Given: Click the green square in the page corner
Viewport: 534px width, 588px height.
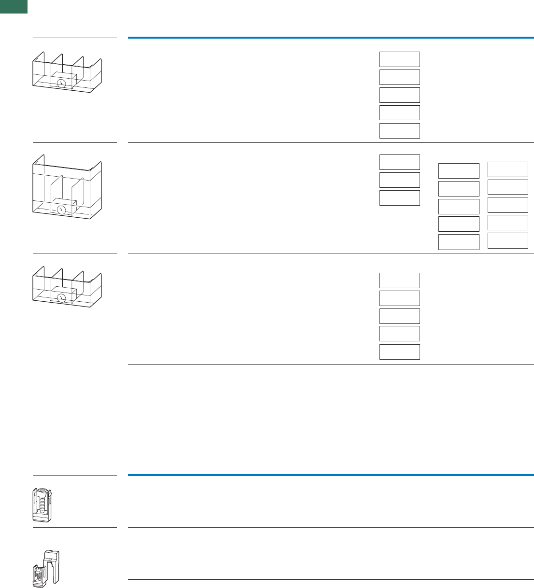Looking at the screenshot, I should pyautogui.click(x=14, y=6).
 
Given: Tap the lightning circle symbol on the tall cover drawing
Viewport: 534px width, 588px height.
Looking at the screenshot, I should pyautogui.click(x=61, y=210).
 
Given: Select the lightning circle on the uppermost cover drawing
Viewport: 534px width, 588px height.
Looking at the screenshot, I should pyautogui.click(x=61, y=84).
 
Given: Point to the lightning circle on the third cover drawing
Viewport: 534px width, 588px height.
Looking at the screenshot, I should pyautogui.click(x=61, y=298).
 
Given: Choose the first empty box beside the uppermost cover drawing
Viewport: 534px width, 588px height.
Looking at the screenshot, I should pyautogui.click(x=399, y=59).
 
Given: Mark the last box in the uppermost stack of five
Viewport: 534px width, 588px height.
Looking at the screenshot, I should pyautogui.click(x=399, y=131).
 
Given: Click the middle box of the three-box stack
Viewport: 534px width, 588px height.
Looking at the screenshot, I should pyautogui.click(x=399, y=180).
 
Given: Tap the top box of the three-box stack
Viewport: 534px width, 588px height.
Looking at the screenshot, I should pyautogui.click(x=399, y=162).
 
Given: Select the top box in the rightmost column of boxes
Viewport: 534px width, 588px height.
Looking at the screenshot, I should pyautogui.click(x=507, y=169).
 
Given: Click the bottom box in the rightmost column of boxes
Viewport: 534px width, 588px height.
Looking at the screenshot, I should pyautogui.click(x=507, y=240).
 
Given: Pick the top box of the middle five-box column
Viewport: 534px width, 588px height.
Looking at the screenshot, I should pyautogui.click(x=458, y=171).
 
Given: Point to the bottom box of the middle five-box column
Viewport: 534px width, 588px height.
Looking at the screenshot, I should pyautogui.click(x=458, y=242).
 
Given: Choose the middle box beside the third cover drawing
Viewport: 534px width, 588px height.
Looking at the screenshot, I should pyautogui.click(x=399, y=316).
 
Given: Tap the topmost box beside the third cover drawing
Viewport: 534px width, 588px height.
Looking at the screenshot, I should pyautogui.click(x=399, y=280).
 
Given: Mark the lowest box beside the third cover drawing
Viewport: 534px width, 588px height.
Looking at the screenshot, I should pyautogui.click(x=399, y=352).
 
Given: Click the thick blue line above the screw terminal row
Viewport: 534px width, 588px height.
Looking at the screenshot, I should pyautogui.click(x=331, y=475).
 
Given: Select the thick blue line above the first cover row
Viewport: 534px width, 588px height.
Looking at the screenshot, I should pyautogui.click(x=331, y=37).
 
